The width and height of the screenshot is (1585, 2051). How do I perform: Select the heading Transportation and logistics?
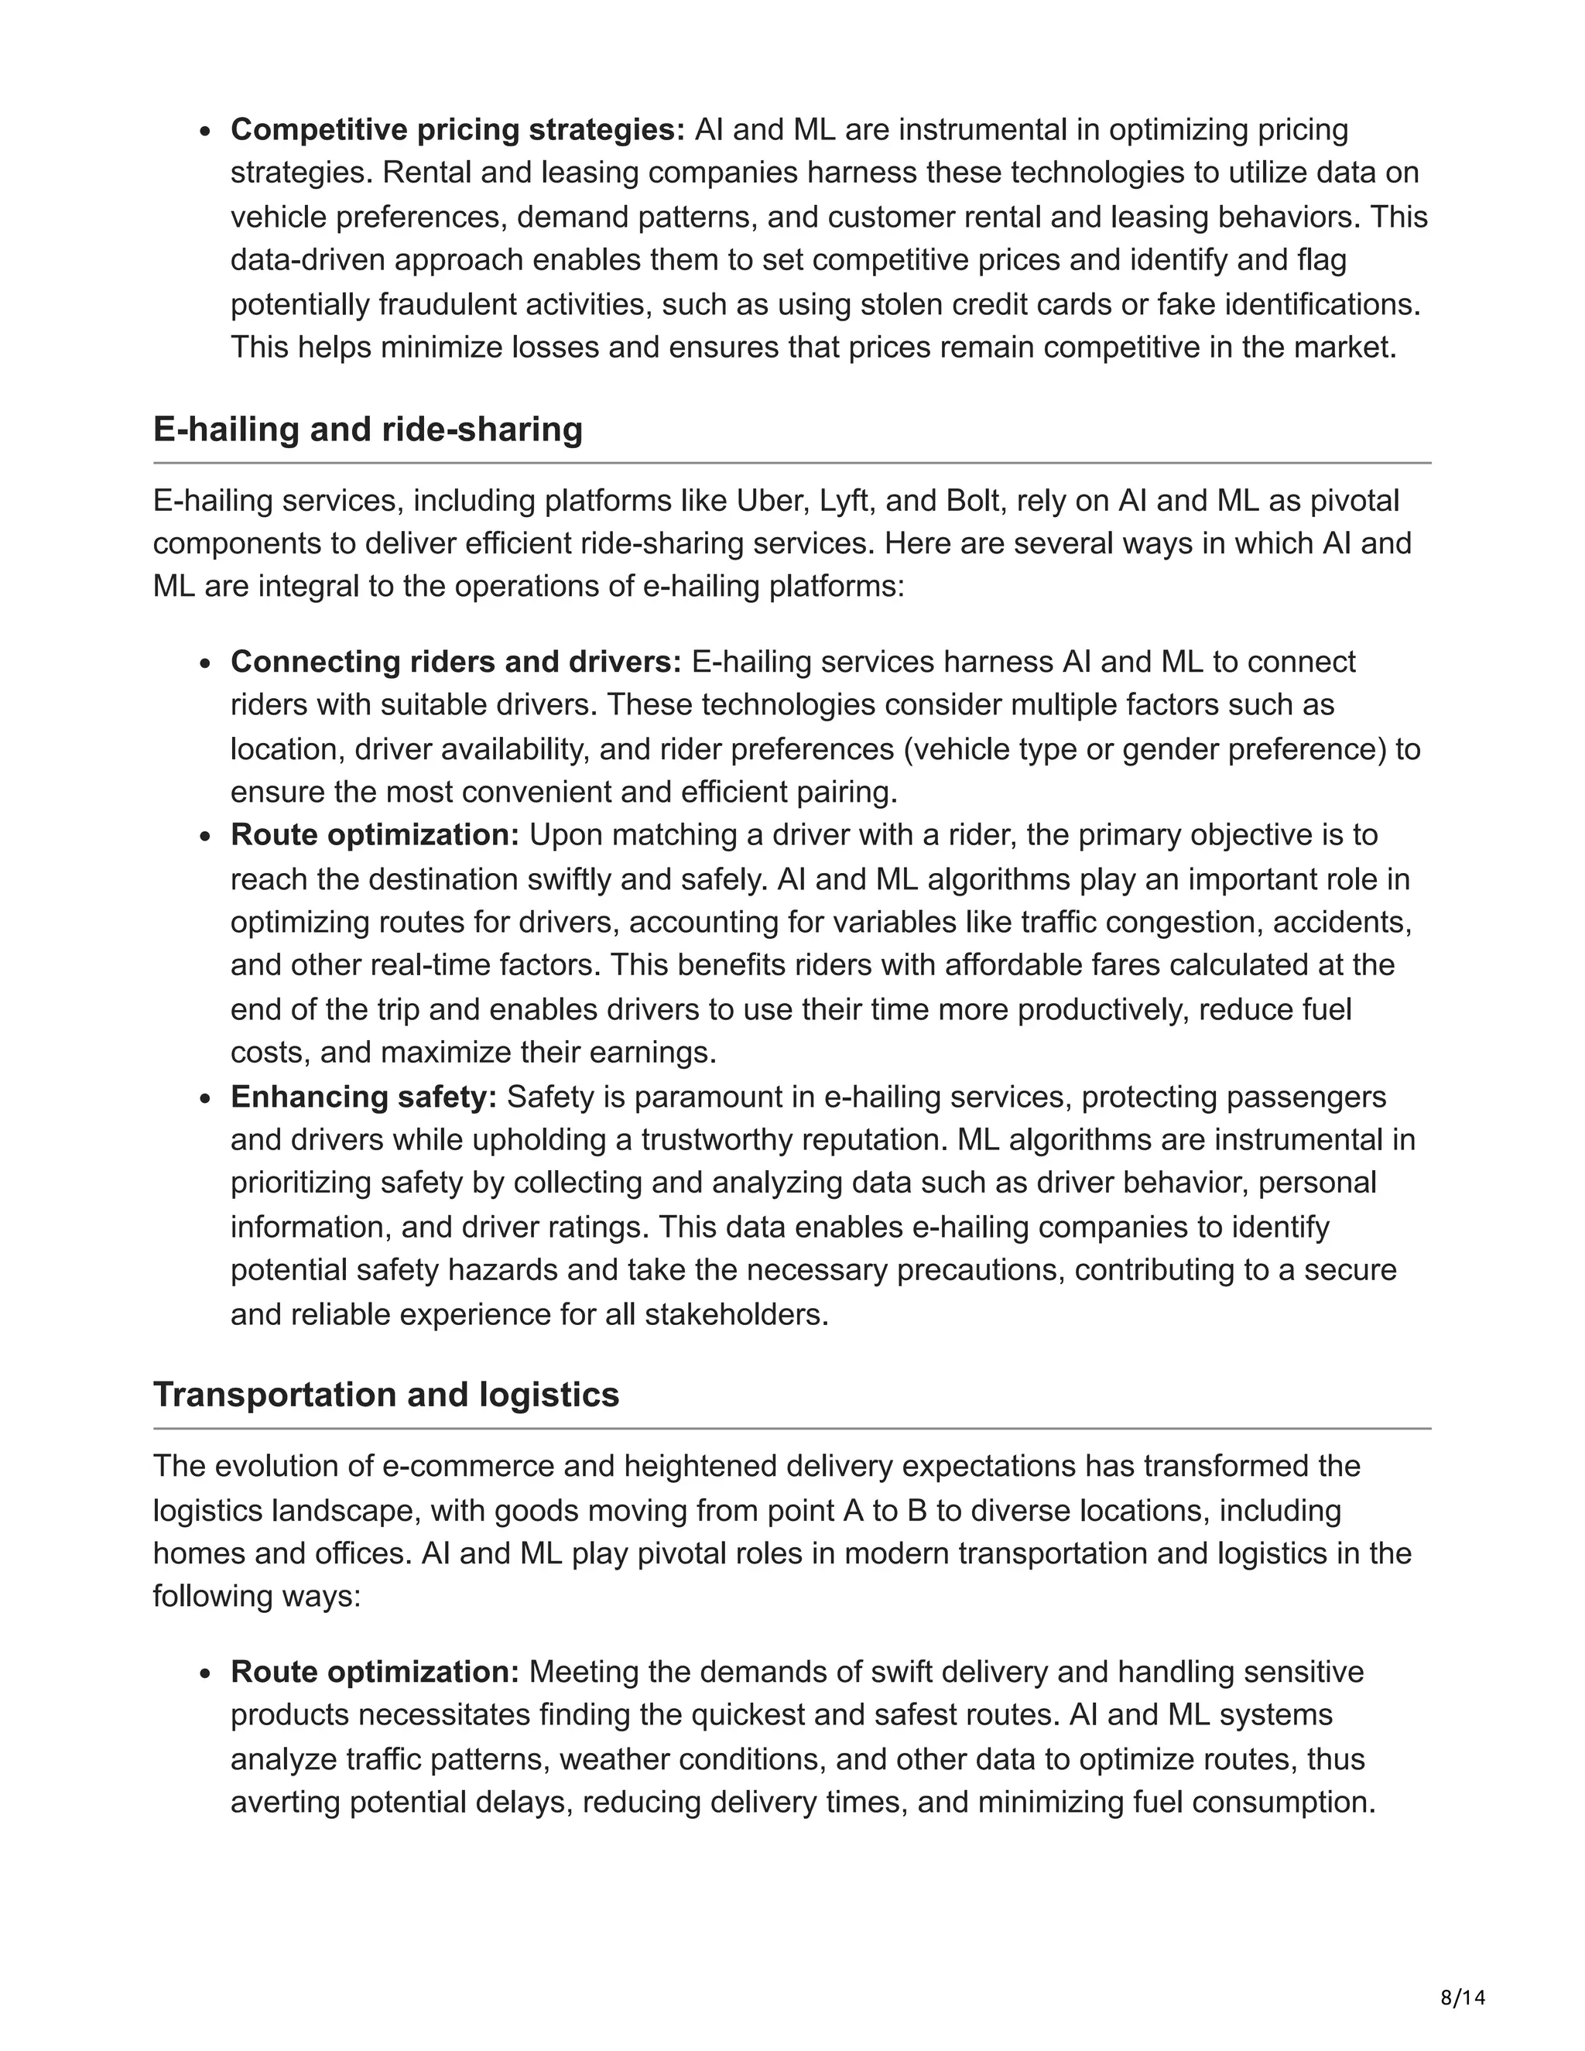coord(386,1395)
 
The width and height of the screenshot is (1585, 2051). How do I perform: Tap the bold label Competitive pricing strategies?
coord(457,129)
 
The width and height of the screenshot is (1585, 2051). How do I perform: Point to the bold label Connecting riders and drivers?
coord(455,662)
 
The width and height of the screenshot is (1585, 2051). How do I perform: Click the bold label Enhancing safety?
coord(364,1097)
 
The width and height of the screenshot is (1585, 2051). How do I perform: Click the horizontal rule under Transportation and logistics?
coord(792,1429)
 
